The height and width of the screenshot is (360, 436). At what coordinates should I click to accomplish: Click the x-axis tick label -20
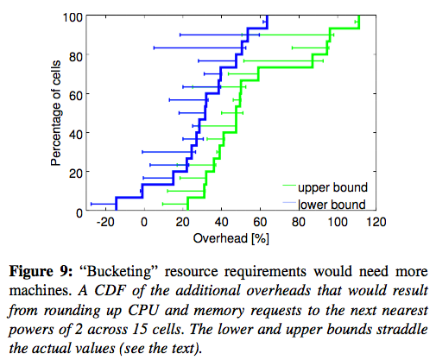coord(105,222)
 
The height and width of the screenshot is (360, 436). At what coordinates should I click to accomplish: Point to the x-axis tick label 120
coord(376,222)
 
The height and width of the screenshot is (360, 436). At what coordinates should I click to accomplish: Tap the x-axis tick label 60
coord(260,222)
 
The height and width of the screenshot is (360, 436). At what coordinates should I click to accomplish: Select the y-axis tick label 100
coord(73,17)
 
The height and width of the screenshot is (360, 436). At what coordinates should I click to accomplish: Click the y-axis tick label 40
coord(76,135)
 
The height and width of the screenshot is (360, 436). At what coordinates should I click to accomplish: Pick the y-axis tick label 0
coord(79,213)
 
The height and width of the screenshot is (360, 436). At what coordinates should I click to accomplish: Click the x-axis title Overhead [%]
coord(231,238)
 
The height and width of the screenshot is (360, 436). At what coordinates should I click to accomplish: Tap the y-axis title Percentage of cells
coord(55,113)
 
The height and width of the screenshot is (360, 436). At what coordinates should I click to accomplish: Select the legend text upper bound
coord(333,187)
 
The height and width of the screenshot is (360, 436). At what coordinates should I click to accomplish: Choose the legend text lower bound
coord(332,205)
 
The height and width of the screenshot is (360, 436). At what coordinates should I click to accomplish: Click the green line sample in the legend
coord(289,186)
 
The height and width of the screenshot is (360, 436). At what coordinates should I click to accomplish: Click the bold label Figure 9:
coord(41,271)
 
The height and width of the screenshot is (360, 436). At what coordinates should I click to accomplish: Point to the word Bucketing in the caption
coord(119,272)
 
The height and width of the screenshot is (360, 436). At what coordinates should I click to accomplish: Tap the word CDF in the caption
coord(111,291)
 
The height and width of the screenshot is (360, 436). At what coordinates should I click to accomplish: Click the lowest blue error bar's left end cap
coord(92,204)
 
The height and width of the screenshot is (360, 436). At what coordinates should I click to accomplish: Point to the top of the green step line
coord(359,16)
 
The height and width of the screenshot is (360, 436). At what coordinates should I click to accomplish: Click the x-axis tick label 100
coord(338,222)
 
